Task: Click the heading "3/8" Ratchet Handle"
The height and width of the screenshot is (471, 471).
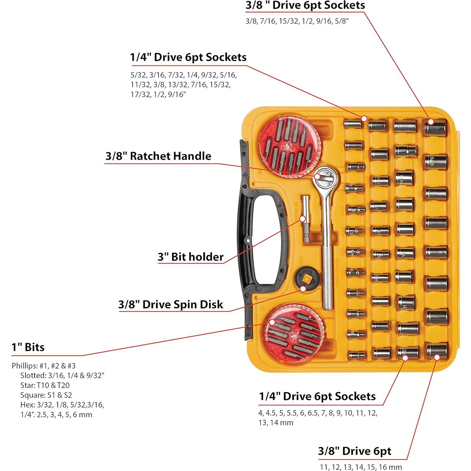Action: click(x=158, y=156)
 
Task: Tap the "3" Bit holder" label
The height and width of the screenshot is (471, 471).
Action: click(x=191, y=257)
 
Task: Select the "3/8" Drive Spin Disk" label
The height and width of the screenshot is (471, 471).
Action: click(x=171, y=304)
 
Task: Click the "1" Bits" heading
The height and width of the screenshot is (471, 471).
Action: click(x=28, y=347)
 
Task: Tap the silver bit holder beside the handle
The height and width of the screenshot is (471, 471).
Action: click(x=306, y=219)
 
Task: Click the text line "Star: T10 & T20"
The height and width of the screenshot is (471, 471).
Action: click(x=45, y=385)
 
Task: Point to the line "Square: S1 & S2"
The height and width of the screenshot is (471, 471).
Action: click(x=46, y=395)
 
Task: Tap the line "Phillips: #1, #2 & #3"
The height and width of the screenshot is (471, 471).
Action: click(x=44, y=366)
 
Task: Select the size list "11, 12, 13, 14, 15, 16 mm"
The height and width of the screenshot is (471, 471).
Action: click(x=361, y=467)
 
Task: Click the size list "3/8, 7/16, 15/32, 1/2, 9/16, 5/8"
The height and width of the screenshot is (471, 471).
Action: click(x=297, y=21)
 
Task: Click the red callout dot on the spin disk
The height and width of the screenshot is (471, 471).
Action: click(x=303, y=288)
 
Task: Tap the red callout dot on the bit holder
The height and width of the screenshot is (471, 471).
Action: click(x=303, y=219)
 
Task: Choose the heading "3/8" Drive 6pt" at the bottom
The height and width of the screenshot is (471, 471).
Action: click(x=354, y=451)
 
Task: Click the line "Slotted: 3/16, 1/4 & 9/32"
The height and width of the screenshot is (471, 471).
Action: click(x=62, y=375)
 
